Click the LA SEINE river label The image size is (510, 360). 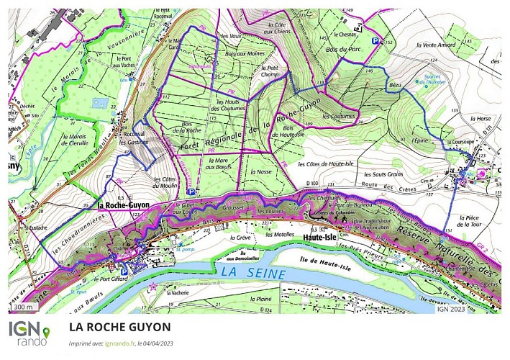254,273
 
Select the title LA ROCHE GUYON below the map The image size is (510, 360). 120,327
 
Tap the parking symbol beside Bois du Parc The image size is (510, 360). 375,42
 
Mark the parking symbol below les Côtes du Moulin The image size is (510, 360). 191,192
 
